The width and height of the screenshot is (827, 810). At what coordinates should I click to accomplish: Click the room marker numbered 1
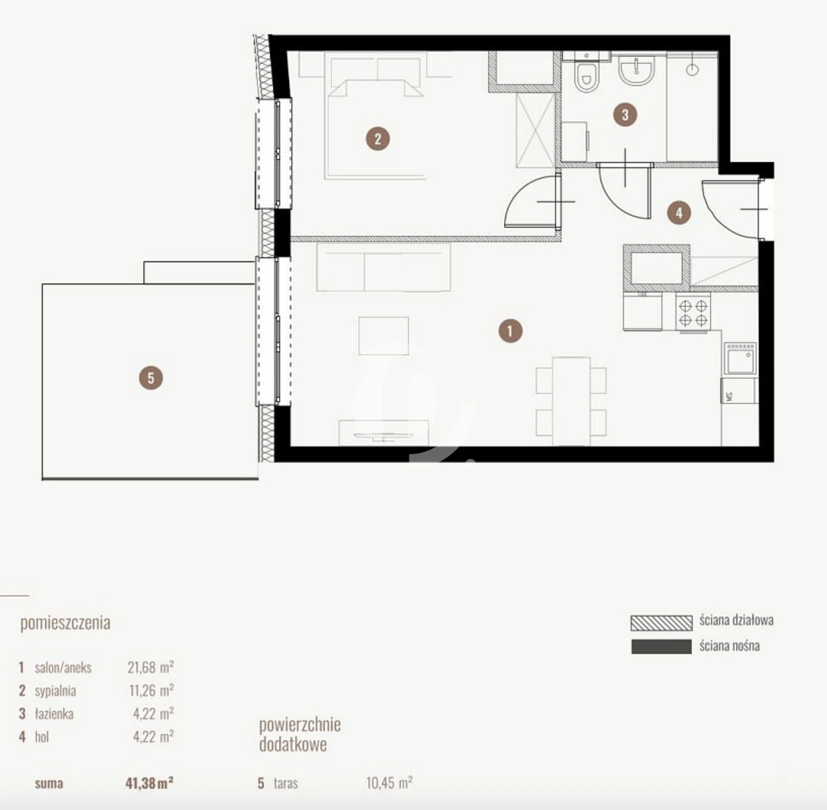pos(510,331)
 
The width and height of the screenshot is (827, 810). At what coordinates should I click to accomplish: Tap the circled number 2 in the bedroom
pos(378,138)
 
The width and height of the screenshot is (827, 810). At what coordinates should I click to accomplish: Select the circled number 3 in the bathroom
pos(625,115)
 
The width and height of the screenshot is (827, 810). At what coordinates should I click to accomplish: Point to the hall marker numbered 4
pos(679,213)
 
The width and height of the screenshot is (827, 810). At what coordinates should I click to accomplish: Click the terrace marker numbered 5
pos(151,378)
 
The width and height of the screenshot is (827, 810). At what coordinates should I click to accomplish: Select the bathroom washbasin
pos(636,71)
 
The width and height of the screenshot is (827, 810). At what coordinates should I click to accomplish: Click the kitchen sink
pos(741,359)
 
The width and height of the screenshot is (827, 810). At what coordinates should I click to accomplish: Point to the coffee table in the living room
pos(383,335)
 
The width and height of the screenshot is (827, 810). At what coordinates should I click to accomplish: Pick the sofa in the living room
pos(384,267)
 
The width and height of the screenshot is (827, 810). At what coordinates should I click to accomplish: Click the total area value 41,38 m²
pos(149,783)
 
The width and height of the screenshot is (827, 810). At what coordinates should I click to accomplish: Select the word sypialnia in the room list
pos(55,691)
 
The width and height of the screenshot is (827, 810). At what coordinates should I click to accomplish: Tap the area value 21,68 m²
pos(151,667)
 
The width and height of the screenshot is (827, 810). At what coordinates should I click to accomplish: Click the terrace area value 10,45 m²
pos(389,783)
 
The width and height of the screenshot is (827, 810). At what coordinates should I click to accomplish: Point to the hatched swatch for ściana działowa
pos(661,623)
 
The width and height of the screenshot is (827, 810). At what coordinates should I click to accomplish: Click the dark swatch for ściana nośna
pos(661,647)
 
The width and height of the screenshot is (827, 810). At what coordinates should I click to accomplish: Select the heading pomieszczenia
pos(66,623)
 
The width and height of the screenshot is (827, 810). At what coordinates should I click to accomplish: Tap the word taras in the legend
pos(286,784)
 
